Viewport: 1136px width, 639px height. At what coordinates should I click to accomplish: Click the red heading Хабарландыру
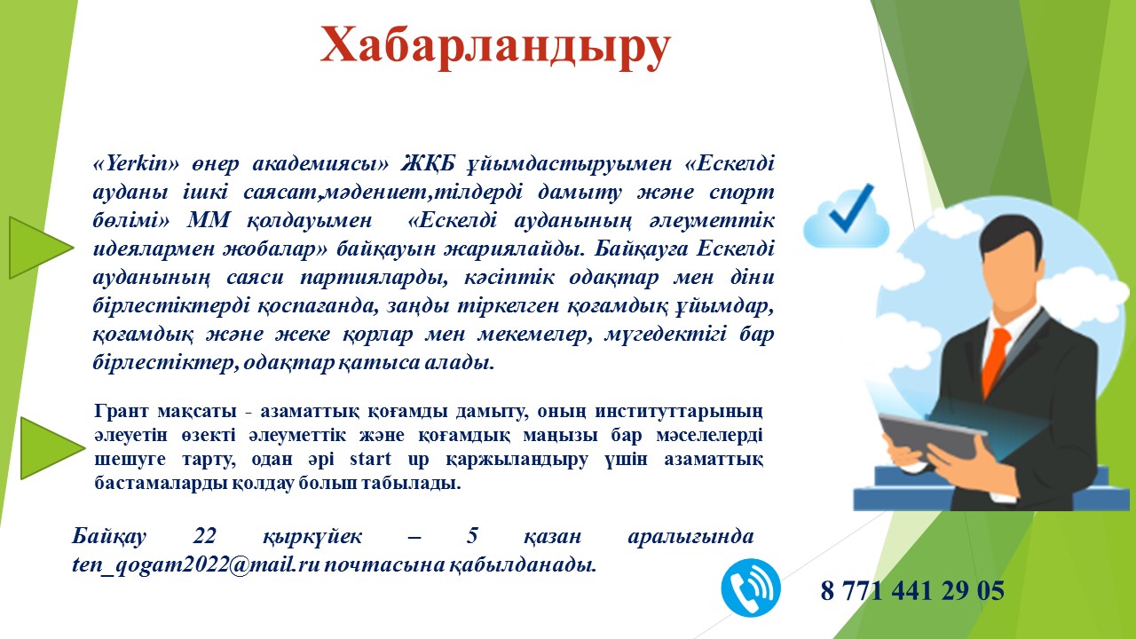point(495,46)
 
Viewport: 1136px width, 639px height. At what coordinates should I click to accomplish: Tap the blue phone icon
point(751,588)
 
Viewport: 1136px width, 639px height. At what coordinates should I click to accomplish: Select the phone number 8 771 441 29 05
point(912,590)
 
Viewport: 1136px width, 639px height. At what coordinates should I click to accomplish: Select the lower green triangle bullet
point(49,448)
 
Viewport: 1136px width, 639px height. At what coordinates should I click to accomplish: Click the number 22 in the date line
point(204,538)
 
